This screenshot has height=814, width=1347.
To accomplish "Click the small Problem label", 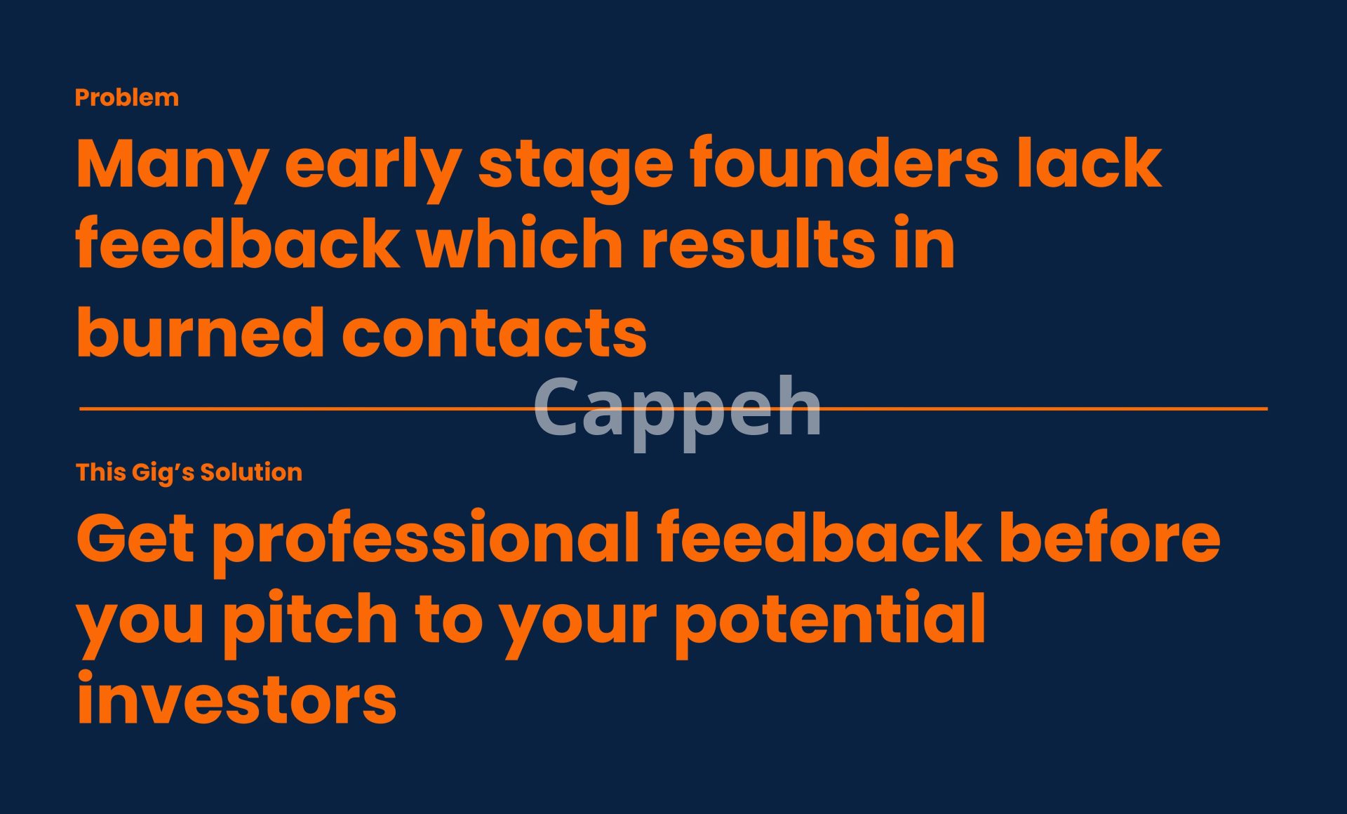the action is [127, 98].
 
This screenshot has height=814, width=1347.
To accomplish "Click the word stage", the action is [576, 171].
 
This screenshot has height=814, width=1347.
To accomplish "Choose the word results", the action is [758, 243].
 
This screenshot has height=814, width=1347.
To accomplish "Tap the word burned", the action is [200, 331].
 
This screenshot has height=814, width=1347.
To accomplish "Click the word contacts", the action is [494, 334].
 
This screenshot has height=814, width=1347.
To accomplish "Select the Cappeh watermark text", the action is [677, 411].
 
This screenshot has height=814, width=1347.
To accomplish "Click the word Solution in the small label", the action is [251, 472].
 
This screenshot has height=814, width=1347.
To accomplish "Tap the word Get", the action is [135, 538].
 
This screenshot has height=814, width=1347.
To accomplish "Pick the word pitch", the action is [311, 622].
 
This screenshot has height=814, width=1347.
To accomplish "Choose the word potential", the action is [831, 622].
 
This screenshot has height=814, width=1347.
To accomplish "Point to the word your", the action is [578, 627].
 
